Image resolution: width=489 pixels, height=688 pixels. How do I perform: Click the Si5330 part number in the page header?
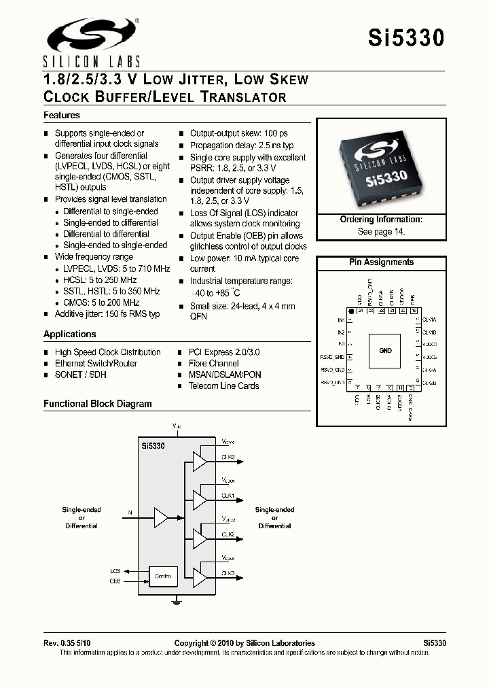pos(406,39)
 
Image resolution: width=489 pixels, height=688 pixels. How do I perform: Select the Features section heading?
pos(62,116)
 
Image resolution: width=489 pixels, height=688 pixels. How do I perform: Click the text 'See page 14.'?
pos(381,231)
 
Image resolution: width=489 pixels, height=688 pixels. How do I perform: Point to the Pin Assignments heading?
pos(381,262)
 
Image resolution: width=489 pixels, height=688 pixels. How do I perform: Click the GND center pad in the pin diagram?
pos(385,351)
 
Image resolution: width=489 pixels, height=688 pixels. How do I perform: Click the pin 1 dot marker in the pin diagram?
pos(352,311)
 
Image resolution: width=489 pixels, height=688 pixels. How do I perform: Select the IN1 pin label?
pos(341,320)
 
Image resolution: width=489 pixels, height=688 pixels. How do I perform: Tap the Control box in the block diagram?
pos(163,577)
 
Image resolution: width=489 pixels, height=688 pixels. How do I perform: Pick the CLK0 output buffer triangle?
pos(199,462)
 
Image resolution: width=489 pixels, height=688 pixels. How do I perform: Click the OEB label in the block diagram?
pos(115,581)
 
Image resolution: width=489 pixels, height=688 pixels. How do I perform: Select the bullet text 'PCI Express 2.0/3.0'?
pos(224,352)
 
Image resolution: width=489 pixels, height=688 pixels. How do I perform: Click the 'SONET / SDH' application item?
pos(80,375)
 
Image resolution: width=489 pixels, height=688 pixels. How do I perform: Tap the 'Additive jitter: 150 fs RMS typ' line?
pos(107,314)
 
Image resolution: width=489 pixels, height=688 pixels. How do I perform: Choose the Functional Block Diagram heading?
pos(98,404)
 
